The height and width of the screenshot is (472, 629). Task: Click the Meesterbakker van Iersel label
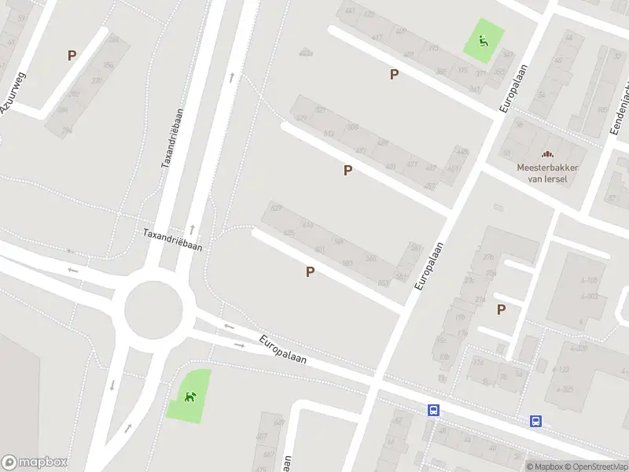[x=547, y=172]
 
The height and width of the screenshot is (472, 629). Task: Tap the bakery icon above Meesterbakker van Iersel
[x=547, y=155]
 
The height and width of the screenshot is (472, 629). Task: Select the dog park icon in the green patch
[x=189, y=396]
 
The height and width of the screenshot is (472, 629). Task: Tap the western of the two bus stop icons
[x=433, y=410]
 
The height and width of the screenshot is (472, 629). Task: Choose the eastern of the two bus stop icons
[x=536, y=421]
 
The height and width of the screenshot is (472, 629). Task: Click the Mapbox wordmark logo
[x=35, y=463]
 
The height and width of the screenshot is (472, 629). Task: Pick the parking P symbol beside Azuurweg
[x=72, y=55]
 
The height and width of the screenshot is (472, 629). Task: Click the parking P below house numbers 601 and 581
[x=311, y=271]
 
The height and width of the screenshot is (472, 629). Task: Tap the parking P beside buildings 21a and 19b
[x=501, y=309]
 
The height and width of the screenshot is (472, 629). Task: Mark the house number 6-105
[x=589, y=281]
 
